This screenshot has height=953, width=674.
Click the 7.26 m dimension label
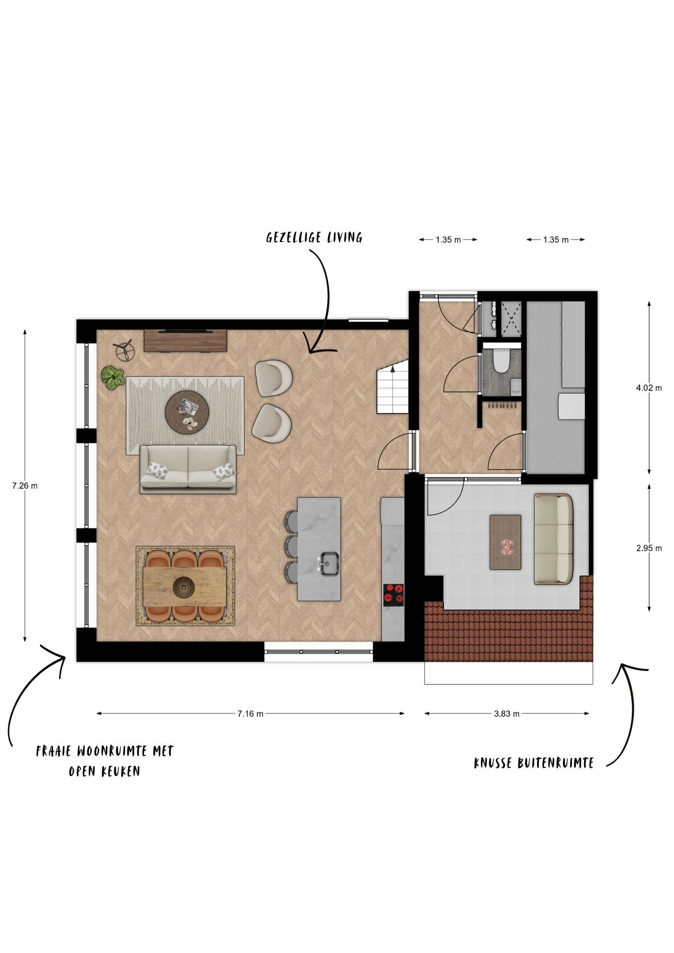click(x=25, y=486)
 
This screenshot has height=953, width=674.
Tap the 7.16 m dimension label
click(x=250, y=714)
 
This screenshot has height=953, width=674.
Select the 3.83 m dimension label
click(x=507, y=714)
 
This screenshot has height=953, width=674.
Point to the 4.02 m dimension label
click(x=649, y=388)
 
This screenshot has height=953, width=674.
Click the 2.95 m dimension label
click(x=649, y=548)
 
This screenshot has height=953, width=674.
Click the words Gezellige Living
click(x=314, y=237)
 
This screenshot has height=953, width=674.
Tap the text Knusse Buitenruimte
click(x=534, y=763)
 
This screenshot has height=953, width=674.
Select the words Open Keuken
click(x=104, y=771)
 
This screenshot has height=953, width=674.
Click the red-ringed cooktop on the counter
click(x=393, y=595)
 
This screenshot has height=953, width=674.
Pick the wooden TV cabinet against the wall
click(x=186, y=341)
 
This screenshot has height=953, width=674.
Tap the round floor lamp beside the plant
click(x=125, y=350)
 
